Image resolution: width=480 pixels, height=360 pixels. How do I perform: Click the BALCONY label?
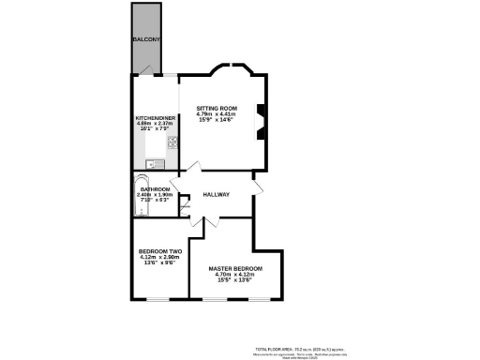[146, 39]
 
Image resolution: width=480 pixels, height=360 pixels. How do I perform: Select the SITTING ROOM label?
[214, 109]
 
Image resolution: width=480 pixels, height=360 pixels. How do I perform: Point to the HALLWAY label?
[217, 196]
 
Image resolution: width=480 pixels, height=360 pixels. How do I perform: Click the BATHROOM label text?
[155, 189]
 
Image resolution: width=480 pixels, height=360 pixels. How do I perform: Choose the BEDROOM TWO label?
[159, 251]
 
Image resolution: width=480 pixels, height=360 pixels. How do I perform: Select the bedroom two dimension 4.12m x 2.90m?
[159, 258]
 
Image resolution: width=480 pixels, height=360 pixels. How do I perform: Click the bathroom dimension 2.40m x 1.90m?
[155, 195]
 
